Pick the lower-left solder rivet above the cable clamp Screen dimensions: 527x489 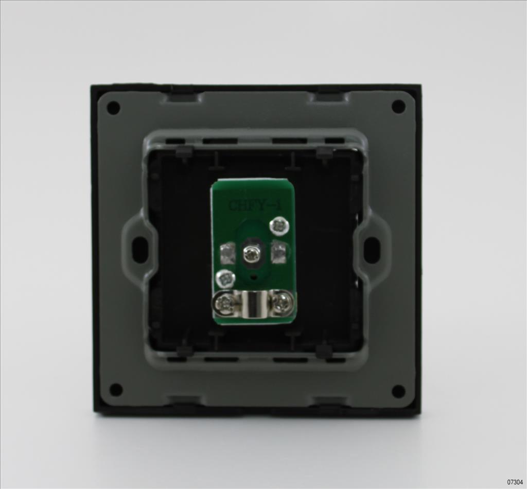coord(226,278)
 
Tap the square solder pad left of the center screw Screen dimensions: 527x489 coord(227,254)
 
